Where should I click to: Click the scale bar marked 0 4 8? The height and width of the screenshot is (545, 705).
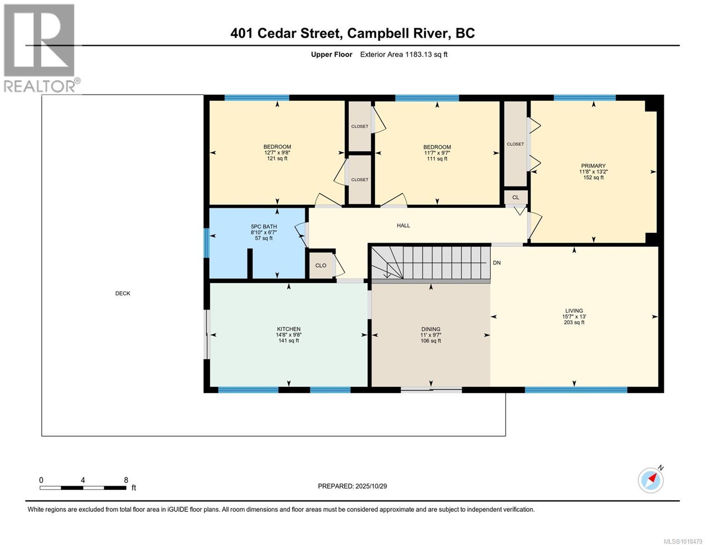(x=83, y=487)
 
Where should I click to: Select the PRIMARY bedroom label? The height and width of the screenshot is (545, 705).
(x=593, y=172)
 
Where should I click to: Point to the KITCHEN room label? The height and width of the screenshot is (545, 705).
(x=289, y=335)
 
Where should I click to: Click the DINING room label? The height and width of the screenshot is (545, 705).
(x=430, y=335)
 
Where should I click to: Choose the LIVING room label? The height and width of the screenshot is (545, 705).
(x=574, y=317)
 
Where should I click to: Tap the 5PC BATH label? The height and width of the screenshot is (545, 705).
(x=264, y=232)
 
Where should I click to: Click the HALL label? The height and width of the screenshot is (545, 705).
(x=403, y=225)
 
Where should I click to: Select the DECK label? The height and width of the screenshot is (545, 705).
(x=123, y=293)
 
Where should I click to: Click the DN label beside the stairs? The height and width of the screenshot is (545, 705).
(x=497, y=263)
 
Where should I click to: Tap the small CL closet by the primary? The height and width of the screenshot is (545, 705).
(x=516, y=198)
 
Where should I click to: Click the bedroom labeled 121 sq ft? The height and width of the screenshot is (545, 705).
(x=277, y=153)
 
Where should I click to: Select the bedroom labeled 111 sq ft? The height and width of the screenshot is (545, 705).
(x=437, y=153)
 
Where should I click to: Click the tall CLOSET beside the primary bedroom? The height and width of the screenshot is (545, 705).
(x=515, y=144)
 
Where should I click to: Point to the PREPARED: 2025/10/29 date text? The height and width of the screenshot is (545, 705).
(x=352, y=486)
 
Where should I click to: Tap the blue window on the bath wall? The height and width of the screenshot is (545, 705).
(x=206, y=243)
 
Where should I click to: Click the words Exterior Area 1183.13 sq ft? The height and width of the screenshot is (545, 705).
(x=404, y=54)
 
